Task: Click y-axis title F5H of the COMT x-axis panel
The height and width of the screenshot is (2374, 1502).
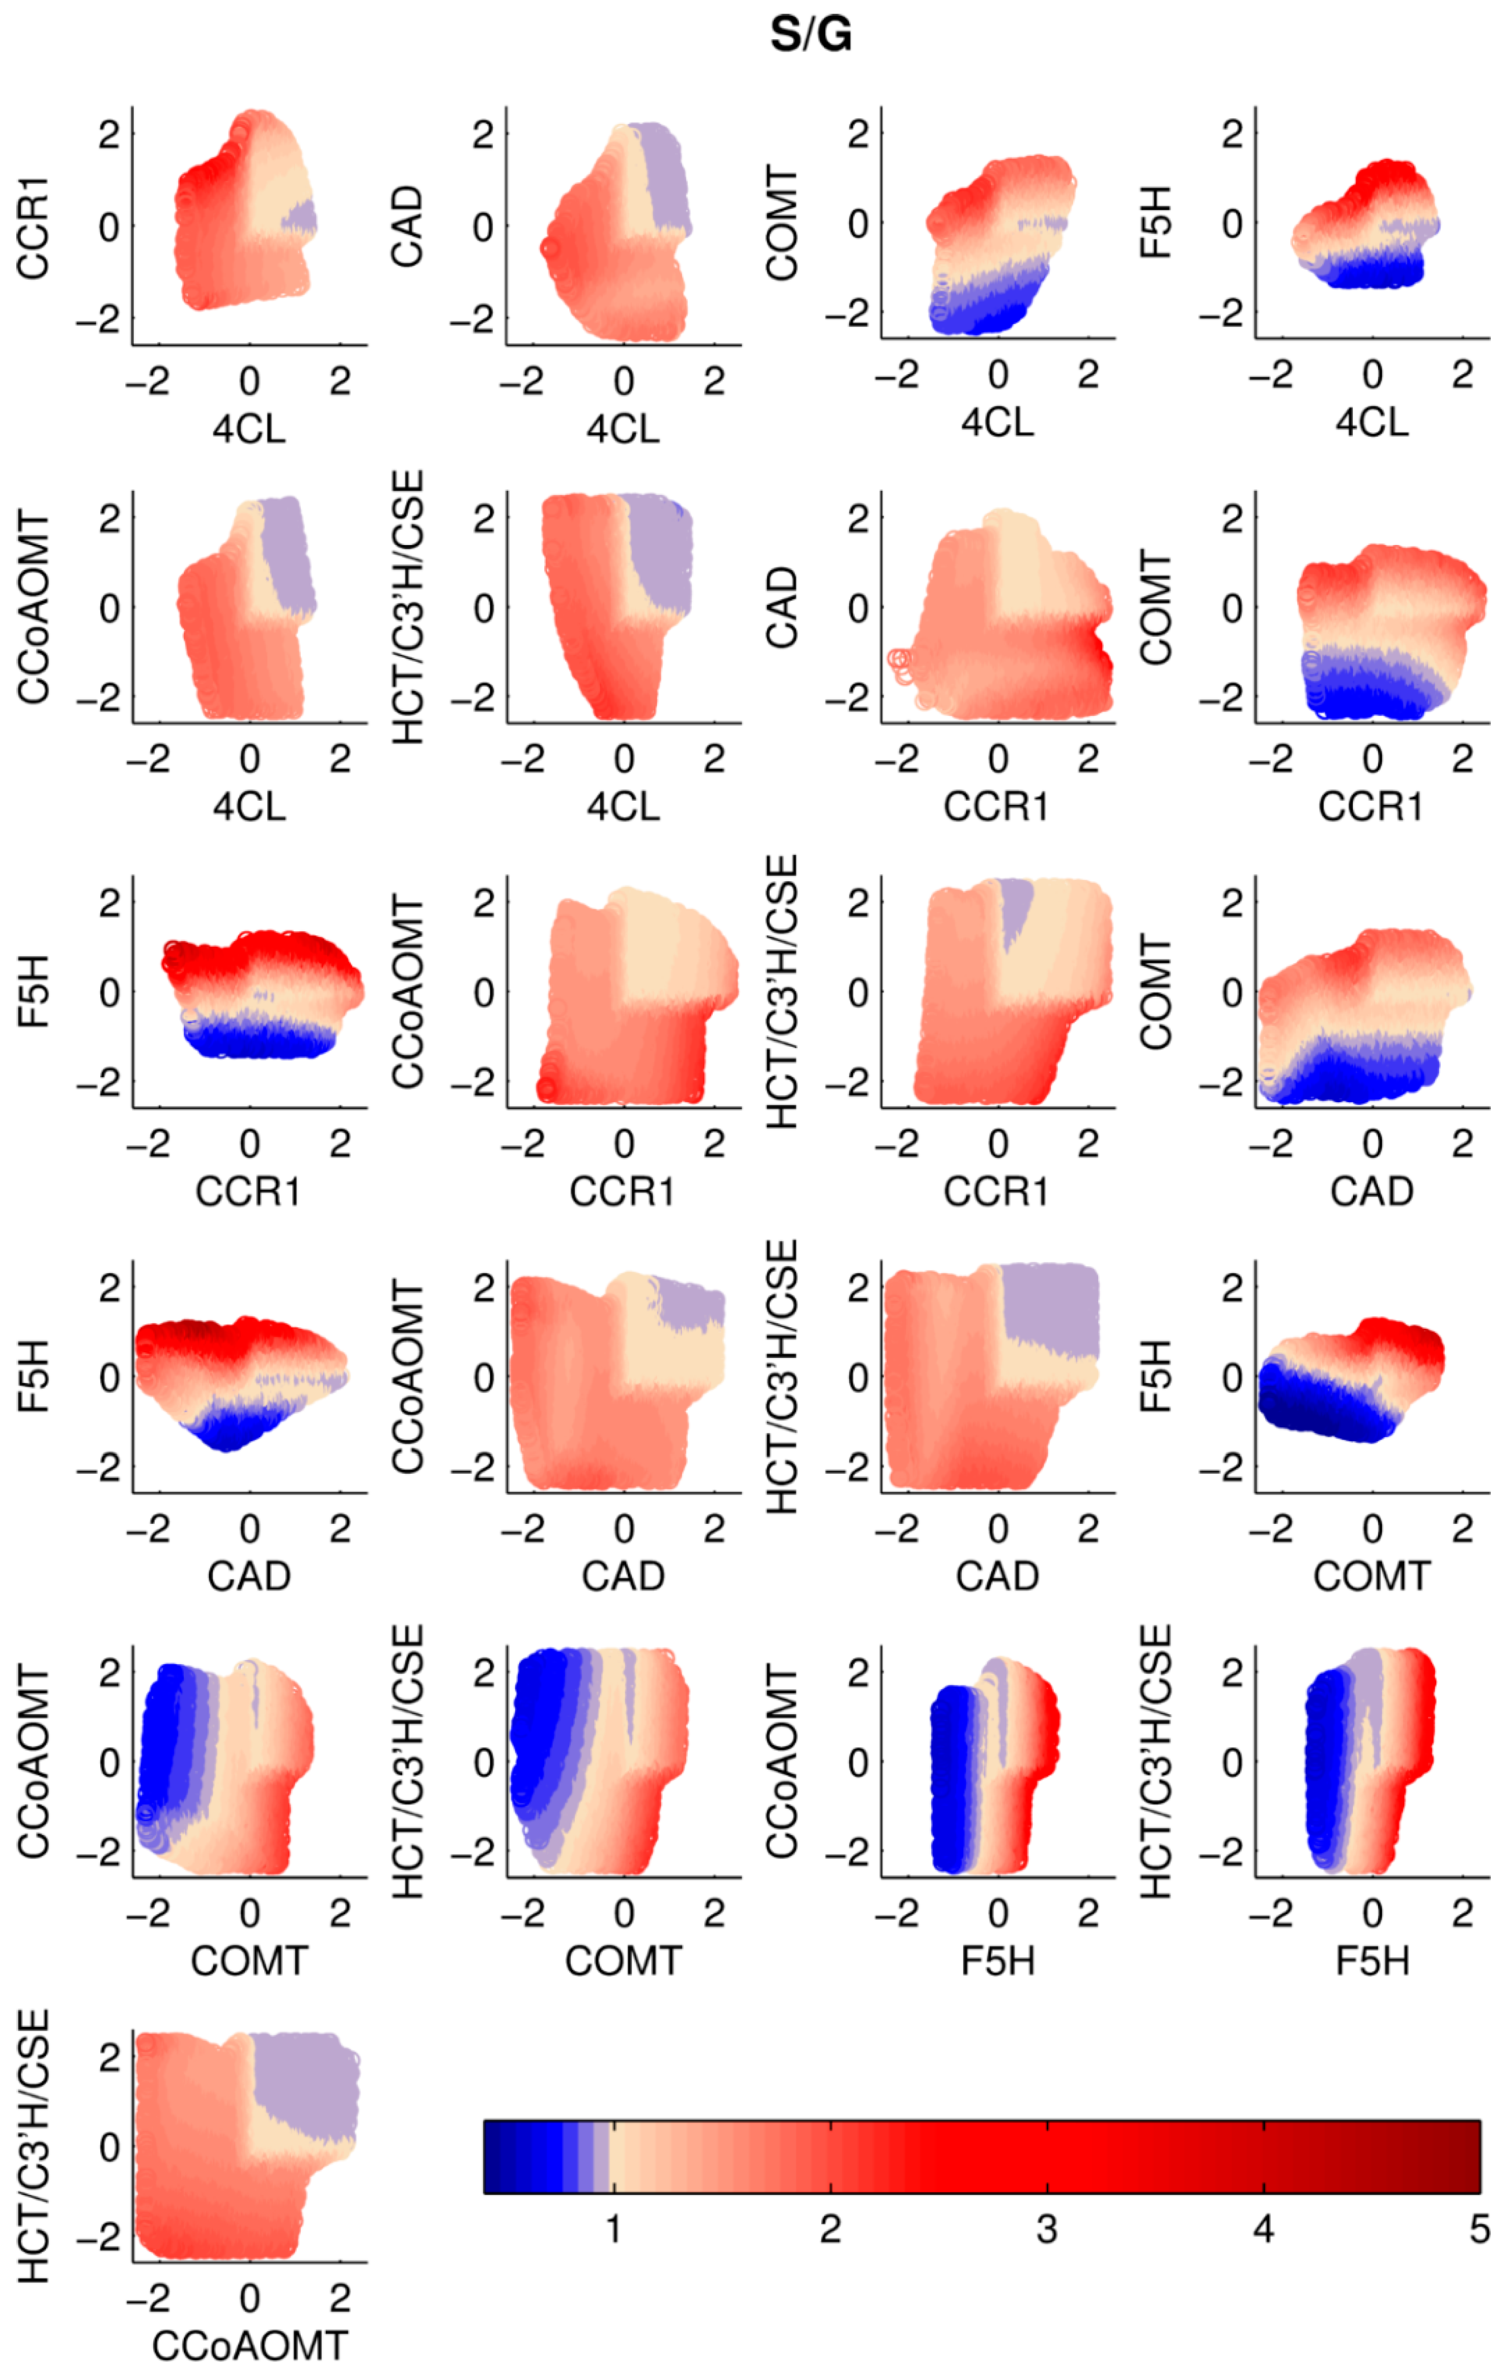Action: (1156, 1376)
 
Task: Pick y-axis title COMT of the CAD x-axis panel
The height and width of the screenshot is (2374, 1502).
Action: (1156, 992)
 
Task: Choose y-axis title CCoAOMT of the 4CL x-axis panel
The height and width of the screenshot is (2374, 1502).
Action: (33, 607)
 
